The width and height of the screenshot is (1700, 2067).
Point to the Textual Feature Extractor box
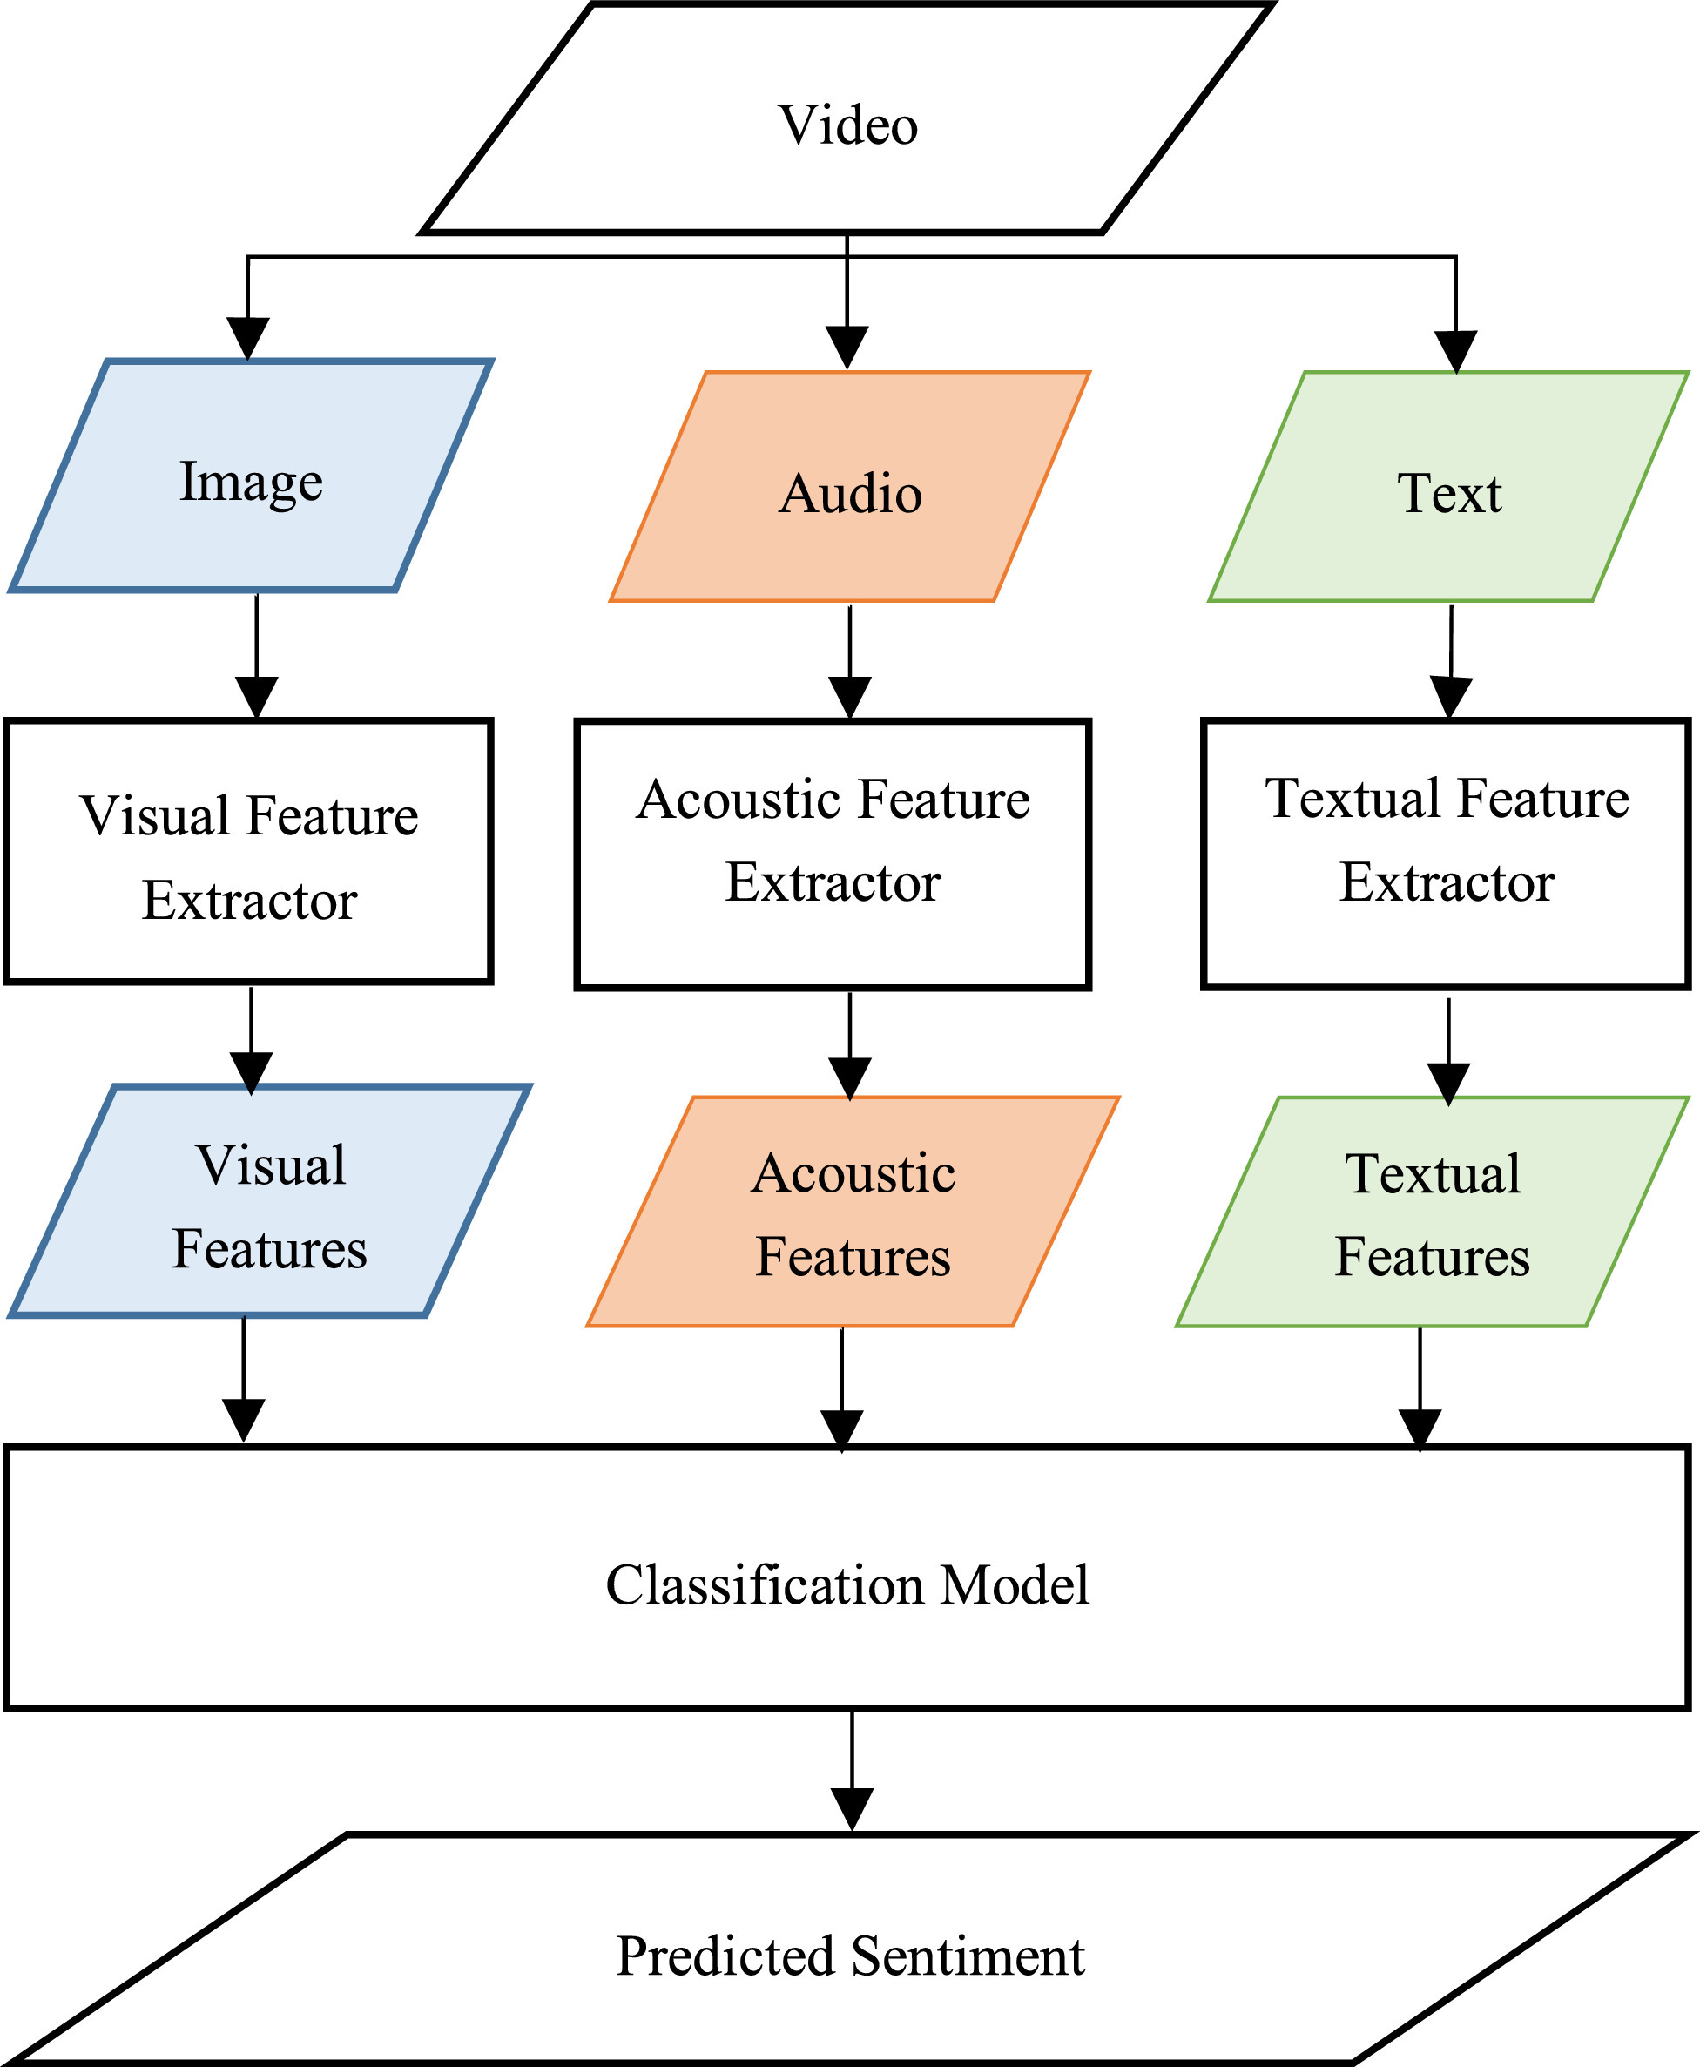[1447, 854]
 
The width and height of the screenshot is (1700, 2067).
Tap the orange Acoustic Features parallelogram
[852, 1213]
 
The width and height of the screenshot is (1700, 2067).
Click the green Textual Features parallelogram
[1432, 1213]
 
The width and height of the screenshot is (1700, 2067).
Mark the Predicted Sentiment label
[850, 1955]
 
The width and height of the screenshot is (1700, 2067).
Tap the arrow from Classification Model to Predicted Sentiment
[852, 1773]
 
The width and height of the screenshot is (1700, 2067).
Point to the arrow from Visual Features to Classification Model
[244, 1381]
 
